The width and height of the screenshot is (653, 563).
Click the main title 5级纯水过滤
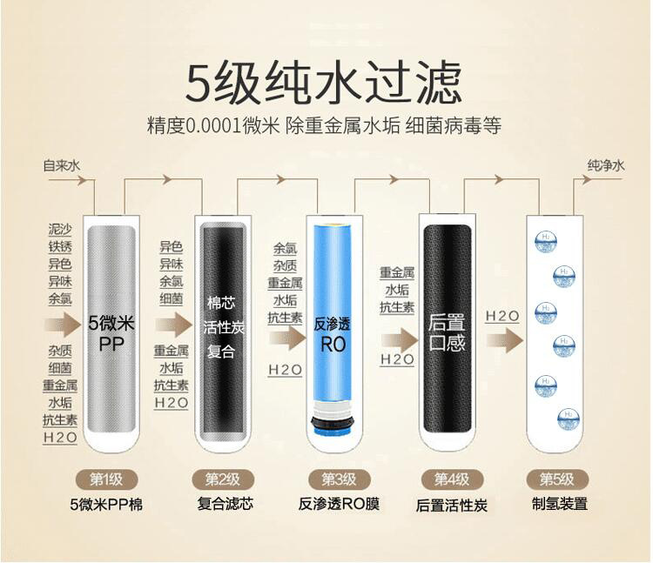tap(324, 83)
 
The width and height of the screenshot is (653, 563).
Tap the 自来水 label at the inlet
tap(62, 165)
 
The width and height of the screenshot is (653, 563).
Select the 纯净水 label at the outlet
tap(606, 165)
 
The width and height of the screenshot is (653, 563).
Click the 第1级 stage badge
tap(106, 479)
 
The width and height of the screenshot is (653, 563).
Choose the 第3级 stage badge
tap(339, 479)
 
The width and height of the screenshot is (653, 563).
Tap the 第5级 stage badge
tap(557, 479)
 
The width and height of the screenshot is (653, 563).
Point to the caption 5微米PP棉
tap(106, 505)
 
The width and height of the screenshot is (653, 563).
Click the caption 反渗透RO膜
tap(339, 505)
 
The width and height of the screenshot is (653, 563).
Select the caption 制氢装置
tap(559, 504)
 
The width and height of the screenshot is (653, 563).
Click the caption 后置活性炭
tap(451, 506)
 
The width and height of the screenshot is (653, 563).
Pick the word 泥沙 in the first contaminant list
tap(60, 229)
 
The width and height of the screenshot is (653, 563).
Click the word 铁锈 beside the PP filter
tap(60, 247)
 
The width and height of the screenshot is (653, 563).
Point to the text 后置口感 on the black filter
tap(447, 333)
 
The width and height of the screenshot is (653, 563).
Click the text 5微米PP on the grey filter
tap(111, 333)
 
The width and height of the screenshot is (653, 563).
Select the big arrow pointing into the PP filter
tap(63, 325)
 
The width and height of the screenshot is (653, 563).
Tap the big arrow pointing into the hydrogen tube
tap(504, 340)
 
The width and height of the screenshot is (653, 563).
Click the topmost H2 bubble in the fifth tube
tap(546, 243)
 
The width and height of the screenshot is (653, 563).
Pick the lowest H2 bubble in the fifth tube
tap(569, 420)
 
